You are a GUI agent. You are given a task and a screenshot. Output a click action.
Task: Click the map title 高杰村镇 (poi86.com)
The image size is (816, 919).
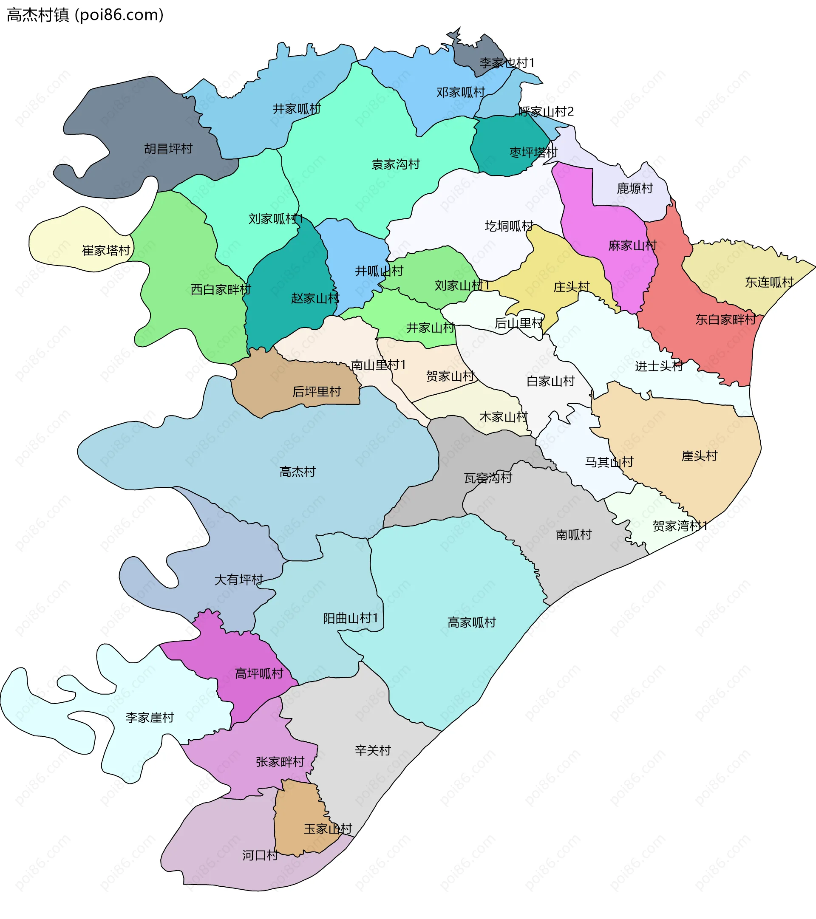point(85,15)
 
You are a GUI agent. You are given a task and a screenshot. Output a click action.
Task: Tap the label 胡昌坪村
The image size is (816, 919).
point(168,148)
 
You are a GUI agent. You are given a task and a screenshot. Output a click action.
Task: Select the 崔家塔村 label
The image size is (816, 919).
point(106,250)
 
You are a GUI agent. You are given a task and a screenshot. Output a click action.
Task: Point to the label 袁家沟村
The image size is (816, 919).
point(395,164)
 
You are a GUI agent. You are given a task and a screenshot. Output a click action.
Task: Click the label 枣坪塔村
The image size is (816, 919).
point(533,153)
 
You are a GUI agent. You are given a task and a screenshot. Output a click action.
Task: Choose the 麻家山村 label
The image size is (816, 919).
point(632,246)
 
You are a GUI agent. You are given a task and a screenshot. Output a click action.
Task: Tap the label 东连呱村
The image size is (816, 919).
point(769,282)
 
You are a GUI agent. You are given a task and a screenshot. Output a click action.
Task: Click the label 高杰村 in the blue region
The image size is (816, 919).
point(297,472)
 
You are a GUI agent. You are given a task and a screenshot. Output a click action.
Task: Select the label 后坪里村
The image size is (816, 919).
point(316,392)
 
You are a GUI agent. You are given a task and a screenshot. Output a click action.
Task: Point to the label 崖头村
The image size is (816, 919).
point(699,456)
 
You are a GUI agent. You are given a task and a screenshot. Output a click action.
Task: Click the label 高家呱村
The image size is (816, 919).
point(471,622)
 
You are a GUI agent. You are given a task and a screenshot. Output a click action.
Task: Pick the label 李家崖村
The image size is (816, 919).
point(149,718)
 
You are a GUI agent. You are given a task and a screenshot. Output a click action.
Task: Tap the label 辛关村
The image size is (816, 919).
point(372,750)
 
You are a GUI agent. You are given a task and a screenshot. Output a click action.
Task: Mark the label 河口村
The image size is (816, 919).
point(260,855)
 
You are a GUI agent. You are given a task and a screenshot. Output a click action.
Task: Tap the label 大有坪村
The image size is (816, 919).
point(238,580)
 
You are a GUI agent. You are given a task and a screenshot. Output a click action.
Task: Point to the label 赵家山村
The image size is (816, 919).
point(315,298)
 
